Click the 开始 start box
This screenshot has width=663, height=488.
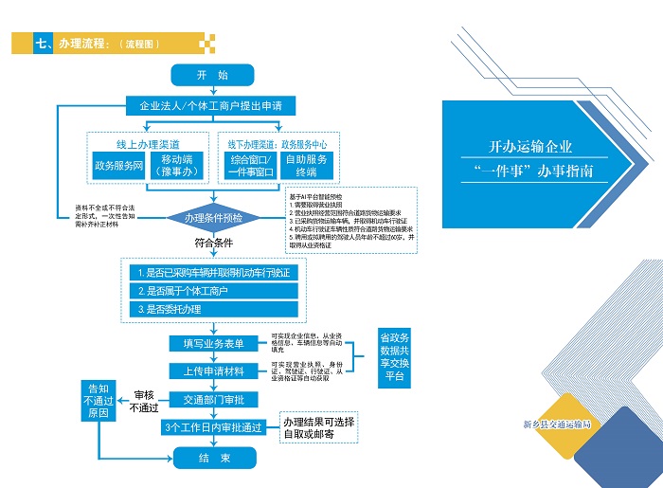click(212, 74)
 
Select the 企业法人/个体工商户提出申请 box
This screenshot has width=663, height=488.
click(212, 104)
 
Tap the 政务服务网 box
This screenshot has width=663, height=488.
click(118, 166)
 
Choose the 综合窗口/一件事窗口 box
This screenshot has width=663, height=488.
click(251, 166)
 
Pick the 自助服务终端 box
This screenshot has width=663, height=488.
click(308, 166)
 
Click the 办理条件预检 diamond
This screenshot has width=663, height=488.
click(213, 218)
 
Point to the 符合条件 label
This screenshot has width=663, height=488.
click(213, 243)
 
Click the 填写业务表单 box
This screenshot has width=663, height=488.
click(213, 342)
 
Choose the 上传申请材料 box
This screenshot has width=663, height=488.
click(213, 371)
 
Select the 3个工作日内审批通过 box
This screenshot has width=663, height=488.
click(213, 427)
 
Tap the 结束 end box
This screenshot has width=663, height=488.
click(213, 459)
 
